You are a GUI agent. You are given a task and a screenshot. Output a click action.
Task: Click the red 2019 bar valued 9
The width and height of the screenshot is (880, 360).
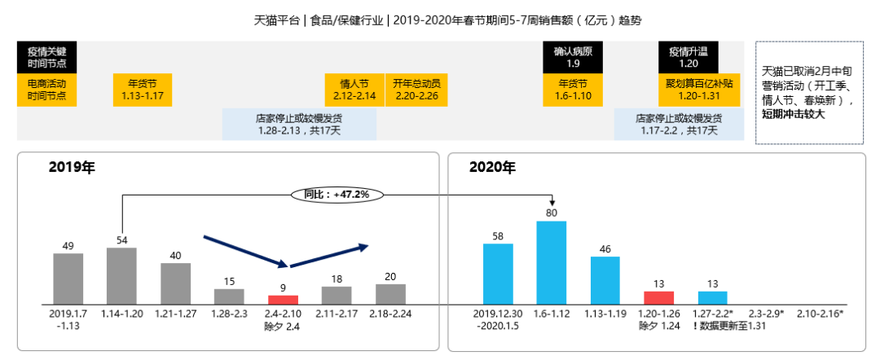(x=284, y=299)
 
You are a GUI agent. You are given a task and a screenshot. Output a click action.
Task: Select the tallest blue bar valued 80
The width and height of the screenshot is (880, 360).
(x=552, y=261)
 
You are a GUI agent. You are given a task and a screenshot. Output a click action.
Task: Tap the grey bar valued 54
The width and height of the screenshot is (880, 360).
(x=121, y=275)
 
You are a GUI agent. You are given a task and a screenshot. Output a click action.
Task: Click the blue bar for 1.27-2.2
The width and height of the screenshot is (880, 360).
(x=712, y=297)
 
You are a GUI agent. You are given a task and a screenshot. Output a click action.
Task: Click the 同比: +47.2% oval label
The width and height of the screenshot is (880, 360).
(x=337, y=195)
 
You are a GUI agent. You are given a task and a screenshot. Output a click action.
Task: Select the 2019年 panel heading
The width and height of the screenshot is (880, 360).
(x=72, y=169)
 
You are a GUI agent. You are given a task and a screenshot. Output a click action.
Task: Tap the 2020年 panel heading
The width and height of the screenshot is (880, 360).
(x=492, y=169)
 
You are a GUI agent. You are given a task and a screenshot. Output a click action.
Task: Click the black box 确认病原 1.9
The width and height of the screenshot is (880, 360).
(x=573, y=57)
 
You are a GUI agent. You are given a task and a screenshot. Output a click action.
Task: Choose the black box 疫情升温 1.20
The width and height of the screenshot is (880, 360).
(x=689, y=57)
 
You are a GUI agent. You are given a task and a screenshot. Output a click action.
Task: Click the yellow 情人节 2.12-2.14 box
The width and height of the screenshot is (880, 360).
(x=354, y=90)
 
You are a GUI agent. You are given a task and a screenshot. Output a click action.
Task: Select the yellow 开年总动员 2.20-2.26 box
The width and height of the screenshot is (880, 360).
(x=416, y=90)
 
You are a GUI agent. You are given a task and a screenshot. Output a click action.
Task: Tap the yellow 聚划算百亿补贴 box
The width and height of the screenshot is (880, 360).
(x=699, y=90)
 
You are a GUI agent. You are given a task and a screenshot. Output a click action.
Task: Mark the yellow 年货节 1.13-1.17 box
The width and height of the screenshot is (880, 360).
(x=143, y=90)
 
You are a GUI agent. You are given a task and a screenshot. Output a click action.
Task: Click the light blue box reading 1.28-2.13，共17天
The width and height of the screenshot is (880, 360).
(x=299, y=124)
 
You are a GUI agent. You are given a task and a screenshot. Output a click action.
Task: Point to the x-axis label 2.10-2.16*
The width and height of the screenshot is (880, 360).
(x=820, y=313)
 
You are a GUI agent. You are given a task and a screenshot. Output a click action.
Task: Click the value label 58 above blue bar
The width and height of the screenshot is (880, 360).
(x=498, y=236)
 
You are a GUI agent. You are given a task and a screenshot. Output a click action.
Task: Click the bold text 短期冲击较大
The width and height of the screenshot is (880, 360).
(x=796, y=114)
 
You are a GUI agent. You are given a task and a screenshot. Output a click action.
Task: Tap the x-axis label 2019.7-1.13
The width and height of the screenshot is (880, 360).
(x=68, y=318)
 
